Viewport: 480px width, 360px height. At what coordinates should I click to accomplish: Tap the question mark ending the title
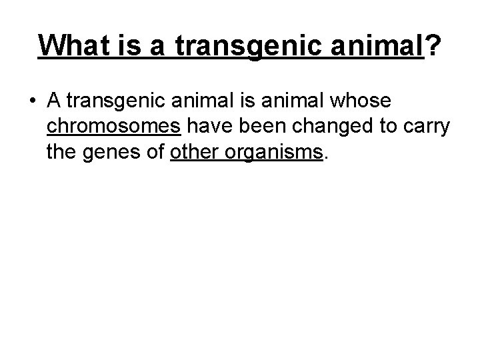434,45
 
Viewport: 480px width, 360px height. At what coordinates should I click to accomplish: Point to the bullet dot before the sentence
32,101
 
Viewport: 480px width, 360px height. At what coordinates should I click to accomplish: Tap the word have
206,127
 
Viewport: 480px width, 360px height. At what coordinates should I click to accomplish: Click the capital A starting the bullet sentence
55,101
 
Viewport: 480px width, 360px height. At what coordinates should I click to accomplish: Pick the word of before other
152,153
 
